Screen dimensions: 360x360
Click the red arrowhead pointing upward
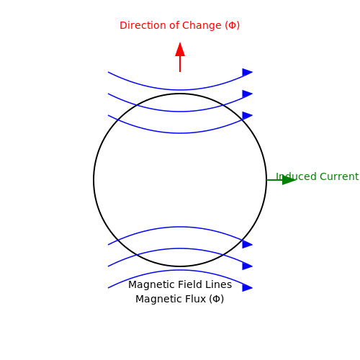point(180,50)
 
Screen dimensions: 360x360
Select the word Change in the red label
point(202,26)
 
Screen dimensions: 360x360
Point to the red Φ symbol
point(232,25)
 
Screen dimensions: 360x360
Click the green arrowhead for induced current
point(289,180)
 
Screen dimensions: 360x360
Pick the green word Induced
point(297,176)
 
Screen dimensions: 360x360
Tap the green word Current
point(339,176)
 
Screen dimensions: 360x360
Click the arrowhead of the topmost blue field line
point(248,72)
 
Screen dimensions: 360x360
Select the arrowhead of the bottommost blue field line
point(248,288)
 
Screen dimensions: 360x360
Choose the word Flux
point(197,299)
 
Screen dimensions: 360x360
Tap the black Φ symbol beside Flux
point(216,299)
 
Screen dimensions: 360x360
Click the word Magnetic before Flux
point(160,299)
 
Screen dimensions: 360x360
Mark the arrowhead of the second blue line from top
point(248,94)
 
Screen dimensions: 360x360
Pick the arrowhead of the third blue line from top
point(248,115)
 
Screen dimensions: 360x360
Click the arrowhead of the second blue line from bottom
point(248,266)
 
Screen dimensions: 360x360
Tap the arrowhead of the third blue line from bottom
point(248,245)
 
